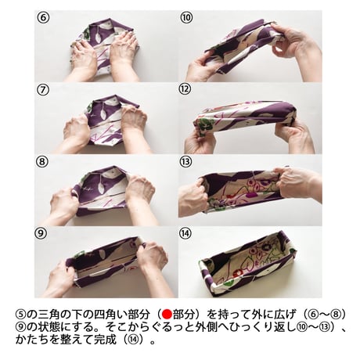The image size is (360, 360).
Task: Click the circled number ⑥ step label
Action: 43,18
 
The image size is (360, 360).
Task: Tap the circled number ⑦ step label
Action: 43,90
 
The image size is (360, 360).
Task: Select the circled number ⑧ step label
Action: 41,161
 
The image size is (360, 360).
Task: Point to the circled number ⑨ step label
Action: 40,233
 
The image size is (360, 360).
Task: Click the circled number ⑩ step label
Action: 186,18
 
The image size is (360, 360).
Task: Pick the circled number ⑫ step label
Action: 185,89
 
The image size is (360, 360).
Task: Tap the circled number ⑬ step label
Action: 185,161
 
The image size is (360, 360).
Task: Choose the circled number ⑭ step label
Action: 185,233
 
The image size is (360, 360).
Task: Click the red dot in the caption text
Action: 167,315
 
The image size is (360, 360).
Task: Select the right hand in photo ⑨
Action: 153,264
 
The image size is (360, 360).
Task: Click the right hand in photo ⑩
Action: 295,45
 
